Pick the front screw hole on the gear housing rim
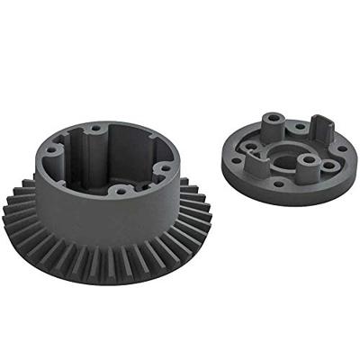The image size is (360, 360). coord(118,191)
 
